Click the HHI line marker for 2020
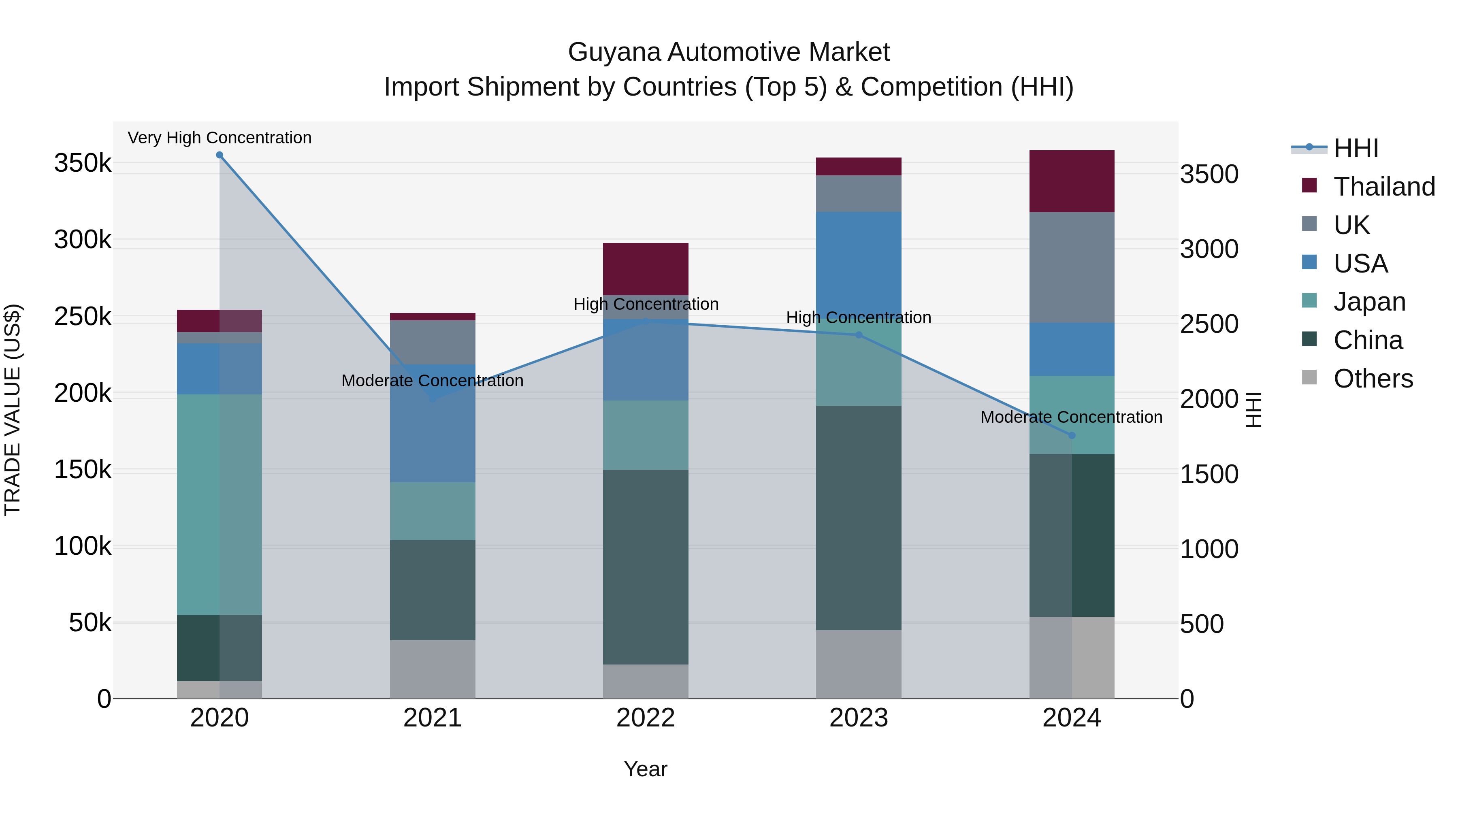(220, 155)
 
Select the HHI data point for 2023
(859, 335)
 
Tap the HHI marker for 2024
(1071, 435)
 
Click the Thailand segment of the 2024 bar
(1071, 181)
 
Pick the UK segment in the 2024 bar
(1071, 268)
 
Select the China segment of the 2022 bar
(645, 567)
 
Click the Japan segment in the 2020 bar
(220, 504)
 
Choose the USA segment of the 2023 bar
(859, 260)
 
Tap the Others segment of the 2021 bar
(433, 669)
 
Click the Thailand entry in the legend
(1383, 187)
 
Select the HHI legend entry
(1355, 148)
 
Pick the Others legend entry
(1373, 379)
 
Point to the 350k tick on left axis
(83, 164)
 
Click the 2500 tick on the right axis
(1209, 324)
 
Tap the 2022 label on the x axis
(645, 718)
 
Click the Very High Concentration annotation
(220, 138)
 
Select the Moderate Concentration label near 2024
(1071, 417)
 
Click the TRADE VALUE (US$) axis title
(13, 410)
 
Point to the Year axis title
(645, 769)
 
